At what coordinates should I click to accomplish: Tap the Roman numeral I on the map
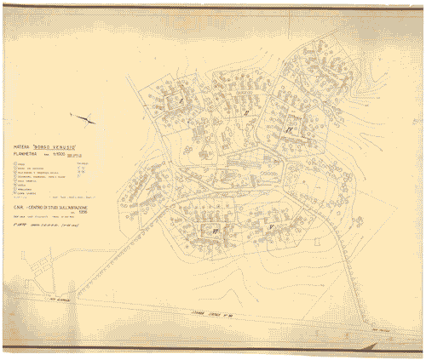click(181, 100)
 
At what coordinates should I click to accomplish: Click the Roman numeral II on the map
click(245, 112)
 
